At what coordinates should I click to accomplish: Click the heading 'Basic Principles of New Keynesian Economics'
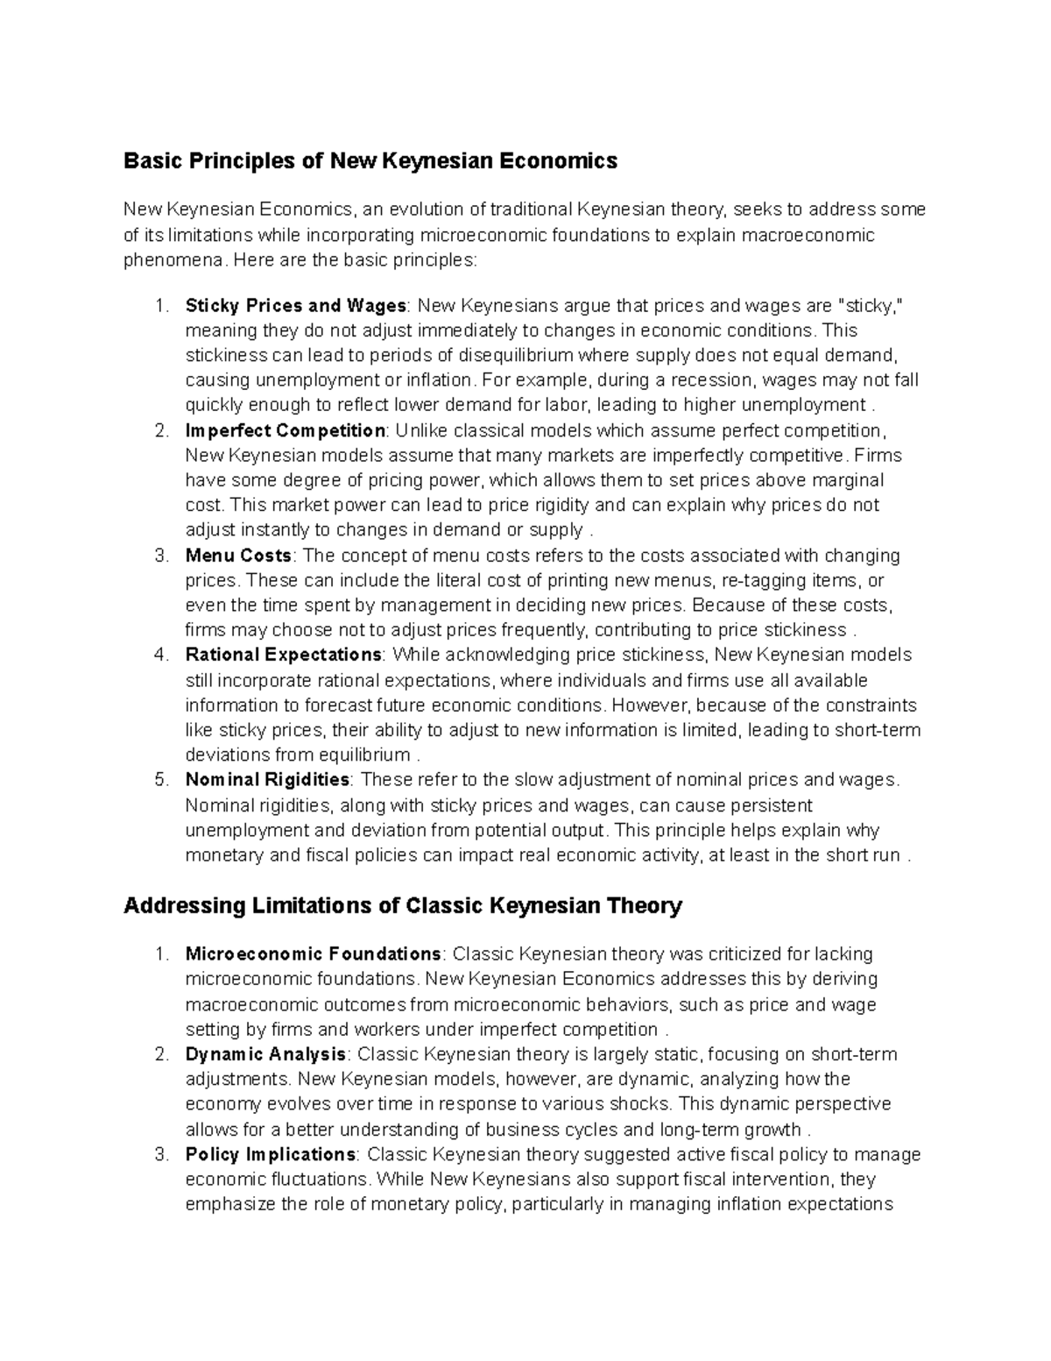[x=370, y=160]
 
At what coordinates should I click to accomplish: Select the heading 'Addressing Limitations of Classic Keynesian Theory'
[x=402, y=905]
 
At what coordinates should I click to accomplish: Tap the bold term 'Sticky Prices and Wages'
[x=295, y=306]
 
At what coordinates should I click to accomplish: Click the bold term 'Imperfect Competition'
[x=285, y=430]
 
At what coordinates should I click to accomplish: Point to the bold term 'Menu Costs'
[x=238, y=556]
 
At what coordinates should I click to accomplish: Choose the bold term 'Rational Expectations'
[x=283, y=655]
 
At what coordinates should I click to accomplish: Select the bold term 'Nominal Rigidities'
[x=267, y=780]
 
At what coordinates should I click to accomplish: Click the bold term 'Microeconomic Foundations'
[x=313, y=953]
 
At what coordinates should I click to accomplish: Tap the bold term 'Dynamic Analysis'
[x=265, y=1053]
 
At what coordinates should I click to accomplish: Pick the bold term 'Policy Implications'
[x=270, y=1154]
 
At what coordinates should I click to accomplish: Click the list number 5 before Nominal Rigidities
[x=160, y=780]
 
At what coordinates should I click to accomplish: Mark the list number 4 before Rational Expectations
[x=160, y=655]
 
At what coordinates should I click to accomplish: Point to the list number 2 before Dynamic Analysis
[x=160, y=1053]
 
